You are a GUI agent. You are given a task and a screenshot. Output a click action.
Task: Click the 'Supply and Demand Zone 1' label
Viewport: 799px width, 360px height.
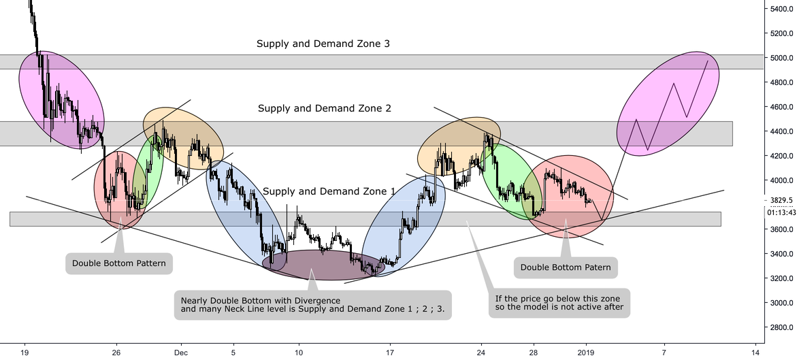point(329,192)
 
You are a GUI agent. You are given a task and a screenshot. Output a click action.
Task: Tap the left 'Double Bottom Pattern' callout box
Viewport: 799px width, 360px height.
point(118,263)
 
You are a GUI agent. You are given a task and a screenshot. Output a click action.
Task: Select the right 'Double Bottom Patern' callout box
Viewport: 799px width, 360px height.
point(566,267)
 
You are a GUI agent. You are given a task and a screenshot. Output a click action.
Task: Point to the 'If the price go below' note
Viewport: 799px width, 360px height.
point(559,303)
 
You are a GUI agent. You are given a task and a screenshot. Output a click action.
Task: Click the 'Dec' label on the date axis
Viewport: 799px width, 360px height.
point(180,353)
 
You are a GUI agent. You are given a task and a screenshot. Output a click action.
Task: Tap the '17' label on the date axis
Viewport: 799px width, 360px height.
point(390,353)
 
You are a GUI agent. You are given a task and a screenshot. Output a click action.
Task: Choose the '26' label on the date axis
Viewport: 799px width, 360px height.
point(116,353)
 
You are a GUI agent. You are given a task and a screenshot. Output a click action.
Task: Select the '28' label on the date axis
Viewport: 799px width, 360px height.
point(533,353)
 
